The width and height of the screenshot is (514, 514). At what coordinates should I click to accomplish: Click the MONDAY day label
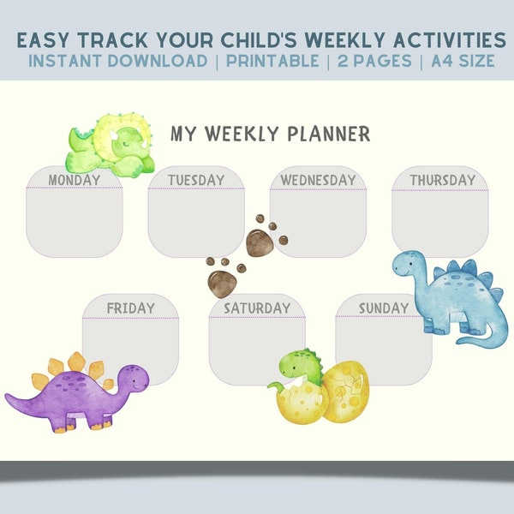coord(75,180)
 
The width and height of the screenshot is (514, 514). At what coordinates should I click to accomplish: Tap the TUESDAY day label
coord(196,180)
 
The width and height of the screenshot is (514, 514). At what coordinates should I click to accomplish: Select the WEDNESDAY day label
coord(318,180)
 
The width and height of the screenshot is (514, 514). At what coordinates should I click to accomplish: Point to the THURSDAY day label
coord(442,180)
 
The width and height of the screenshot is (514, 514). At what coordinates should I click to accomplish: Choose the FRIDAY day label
coord(130,308)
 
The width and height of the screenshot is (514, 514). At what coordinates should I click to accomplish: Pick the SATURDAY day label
coord(257,308)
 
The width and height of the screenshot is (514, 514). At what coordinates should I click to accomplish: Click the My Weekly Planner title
coord(270,134)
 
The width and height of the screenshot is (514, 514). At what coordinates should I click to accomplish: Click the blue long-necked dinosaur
coord(445,296)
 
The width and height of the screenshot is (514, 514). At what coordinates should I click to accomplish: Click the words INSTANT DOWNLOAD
coord(117,61)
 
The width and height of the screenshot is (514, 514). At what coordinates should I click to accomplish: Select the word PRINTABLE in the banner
coord(273,61)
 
